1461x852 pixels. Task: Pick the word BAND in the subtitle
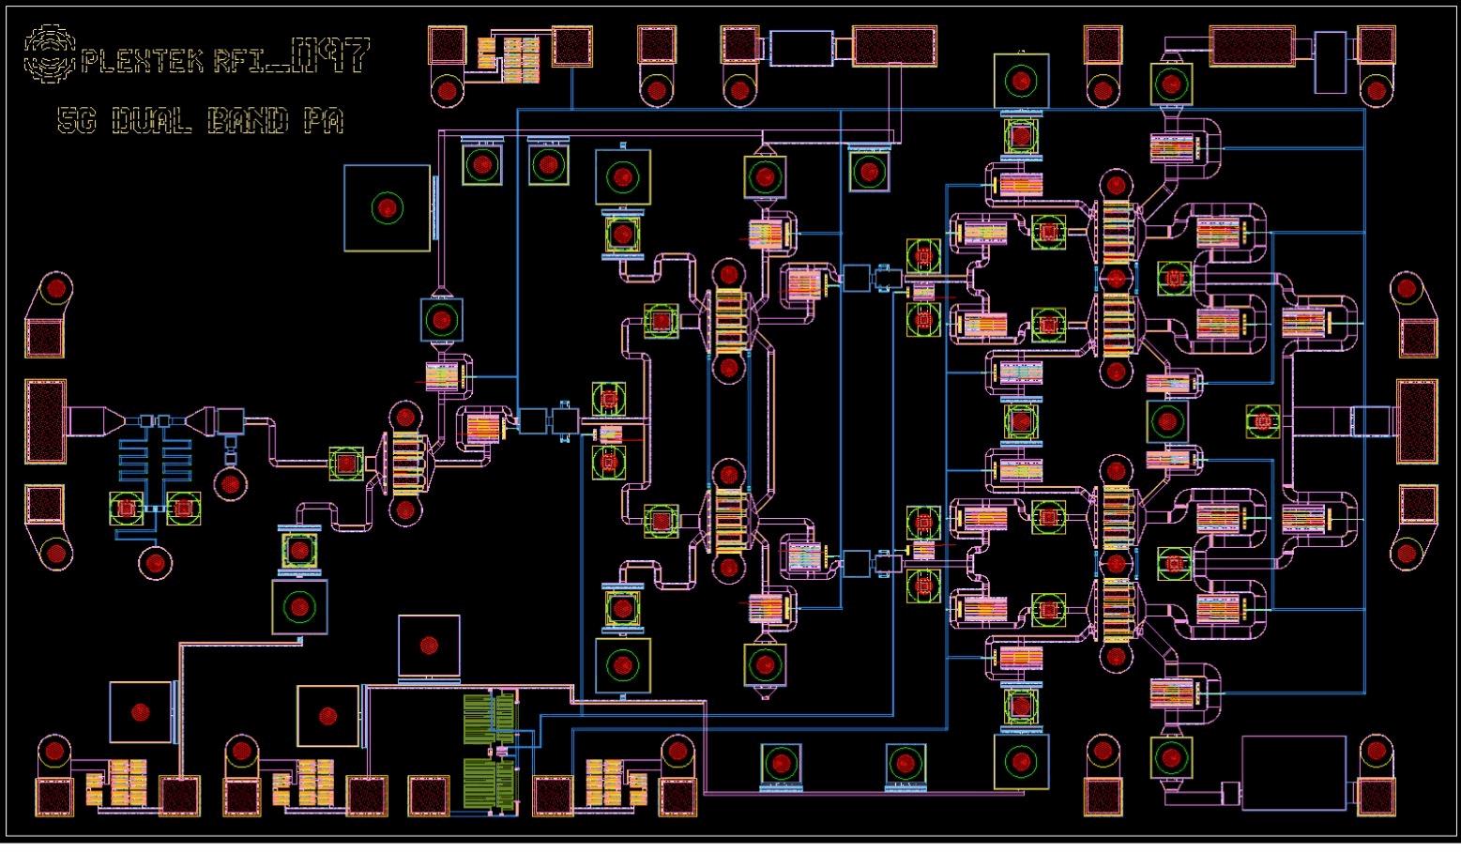click(247, 121)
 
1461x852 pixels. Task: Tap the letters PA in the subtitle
click(322, 121)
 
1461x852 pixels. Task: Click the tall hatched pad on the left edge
click(45, 421)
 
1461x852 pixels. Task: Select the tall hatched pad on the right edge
click(1417, 421)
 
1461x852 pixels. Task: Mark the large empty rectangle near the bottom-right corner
click(1294, 772)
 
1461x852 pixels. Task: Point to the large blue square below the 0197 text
click(387, 208)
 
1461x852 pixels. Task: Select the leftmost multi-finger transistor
click(406, 460)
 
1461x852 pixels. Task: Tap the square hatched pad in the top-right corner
click(1377, 46)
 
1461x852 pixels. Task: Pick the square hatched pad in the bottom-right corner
click(1376, 797)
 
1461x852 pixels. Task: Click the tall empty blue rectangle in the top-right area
click(1330, 62)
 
